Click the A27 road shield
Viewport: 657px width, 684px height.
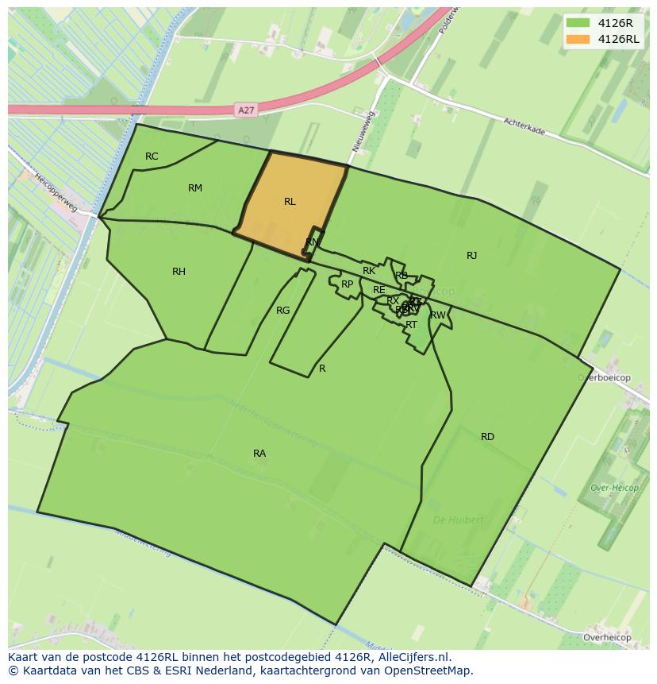point(246,111)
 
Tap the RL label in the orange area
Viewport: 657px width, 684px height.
point(290,202)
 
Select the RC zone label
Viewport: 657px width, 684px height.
point(152,157)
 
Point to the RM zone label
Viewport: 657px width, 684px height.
point(195,188)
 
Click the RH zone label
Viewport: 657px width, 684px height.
point(179,272)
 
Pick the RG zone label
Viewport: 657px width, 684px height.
point(282,311)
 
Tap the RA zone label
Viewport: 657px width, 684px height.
point(259,454)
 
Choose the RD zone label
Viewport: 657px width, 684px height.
point(487,437)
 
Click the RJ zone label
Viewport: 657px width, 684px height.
point(471,256)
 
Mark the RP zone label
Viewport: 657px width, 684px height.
point(347,284)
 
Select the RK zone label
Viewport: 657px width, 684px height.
point(368,272)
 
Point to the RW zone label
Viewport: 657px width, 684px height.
point(438,315)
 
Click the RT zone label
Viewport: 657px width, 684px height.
point(411,325)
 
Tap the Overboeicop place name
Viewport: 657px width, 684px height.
point(604,378)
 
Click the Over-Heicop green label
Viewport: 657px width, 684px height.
point(610,488)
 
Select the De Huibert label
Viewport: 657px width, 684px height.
point(458,520)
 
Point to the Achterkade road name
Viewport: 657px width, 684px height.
point(524,126)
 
